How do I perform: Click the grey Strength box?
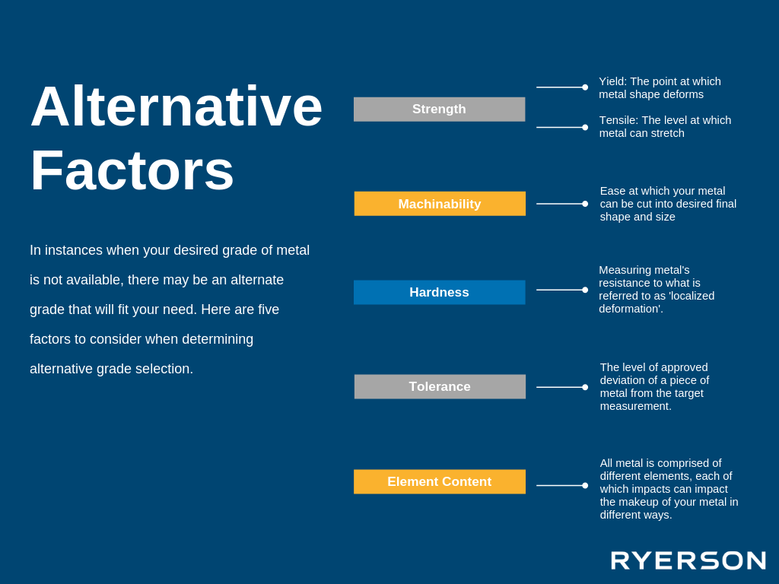click(x=439, y=109)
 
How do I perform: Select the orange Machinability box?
click(x=440, y=204)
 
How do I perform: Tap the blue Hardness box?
click(x=439, y=292)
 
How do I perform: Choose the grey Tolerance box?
click(x=440, y=386)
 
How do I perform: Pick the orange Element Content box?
click(x=440, y=481)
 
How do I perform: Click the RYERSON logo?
click(x=688, y=560)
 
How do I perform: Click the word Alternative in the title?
click(x=176, y=106)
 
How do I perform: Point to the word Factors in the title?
click(x=132, y=170)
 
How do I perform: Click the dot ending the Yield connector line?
click(x=585, y=87)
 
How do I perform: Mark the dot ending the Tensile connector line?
click(x=585, y=128)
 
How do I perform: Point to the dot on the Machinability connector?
click(x=585, y=204)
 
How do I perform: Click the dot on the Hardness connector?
click(x=585, y=290)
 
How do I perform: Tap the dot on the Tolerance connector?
click(x=585, y=387)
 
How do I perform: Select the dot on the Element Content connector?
click(x=585, y=485)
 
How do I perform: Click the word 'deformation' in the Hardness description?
click(x=629, y=309)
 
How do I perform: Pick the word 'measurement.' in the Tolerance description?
click(x=635, y=406)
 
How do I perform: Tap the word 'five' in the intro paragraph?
click(x=269, y=309)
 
